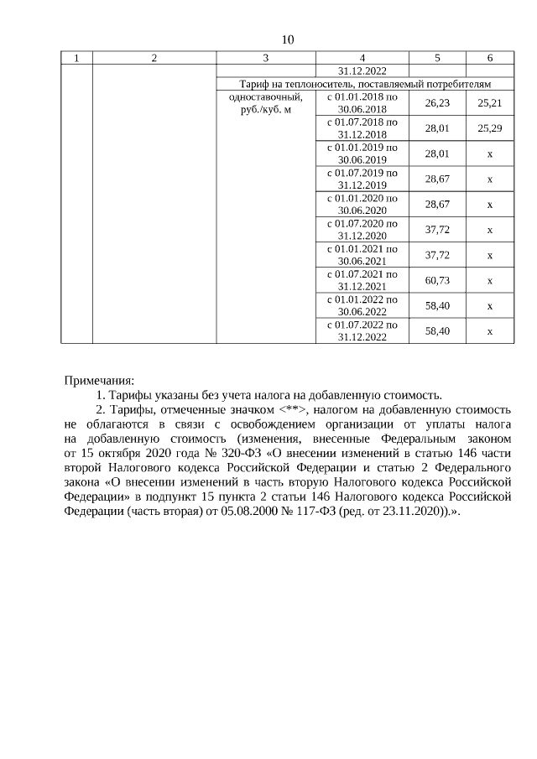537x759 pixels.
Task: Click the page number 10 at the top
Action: click(x=288, y=39)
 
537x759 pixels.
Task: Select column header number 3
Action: click(x=265, y=58)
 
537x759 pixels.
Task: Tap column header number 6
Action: click(x=489, y=58)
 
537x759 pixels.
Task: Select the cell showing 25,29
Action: click(x=489, y=127)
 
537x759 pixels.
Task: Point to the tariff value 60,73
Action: click(x=437, y=280)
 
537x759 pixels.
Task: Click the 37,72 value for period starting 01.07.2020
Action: click(x=437, y=230)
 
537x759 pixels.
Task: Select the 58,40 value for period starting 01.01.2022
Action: click(x=437, y=305)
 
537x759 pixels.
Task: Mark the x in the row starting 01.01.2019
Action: click(x=489, y=153)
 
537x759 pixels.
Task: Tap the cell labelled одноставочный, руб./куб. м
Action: click(x=265, y=103)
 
